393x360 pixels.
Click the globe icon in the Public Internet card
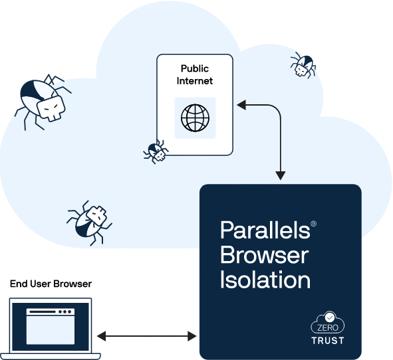pyautogui.click(x=195, y=118)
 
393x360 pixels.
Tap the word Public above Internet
pyautogui.click(x=195, y=69)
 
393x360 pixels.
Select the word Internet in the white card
pyautogui.click(x=195, y=81)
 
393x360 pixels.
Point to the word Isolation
pyautogui.click(x=265, y=280)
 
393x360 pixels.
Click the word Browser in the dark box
pyautogui.click(x=264, y=255)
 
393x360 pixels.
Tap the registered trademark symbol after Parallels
pyautogui.click(x=313, y=225)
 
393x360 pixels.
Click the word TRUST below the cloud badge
pyautogui.click(x=328, y=341)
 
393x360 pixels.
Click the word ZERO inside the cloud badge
pyautogui.click(x=328, y=328)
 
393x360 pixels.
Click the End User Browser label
pyautogui.click(x=51, y=284)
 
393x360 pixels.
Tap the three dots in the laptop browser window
pyautogui.click(x=65, y=312)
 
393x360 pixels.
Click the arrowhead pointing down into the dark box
pyautogui.click(x=280, y=176)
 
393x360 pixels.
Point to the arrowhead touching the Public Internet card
pyautogui.click(x=241, y=104)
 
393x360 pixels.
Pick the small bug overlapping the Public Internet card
pyautogui.click(x=156, y=152)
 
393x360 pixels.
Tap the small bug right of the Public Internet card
pyautogui.click(x=303, y=64)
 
